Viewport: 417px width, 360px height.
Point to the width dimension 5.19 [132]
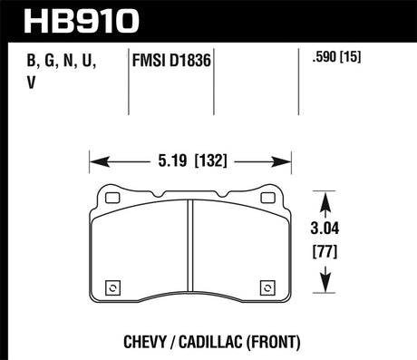(190, 164)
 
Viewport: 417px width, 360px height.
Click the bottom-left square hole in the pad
(112, 288)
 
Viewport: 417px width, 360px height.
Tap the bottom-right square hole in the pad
(268, 288)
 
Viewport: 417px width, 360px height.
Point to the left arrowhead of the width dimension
(94, 164)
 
